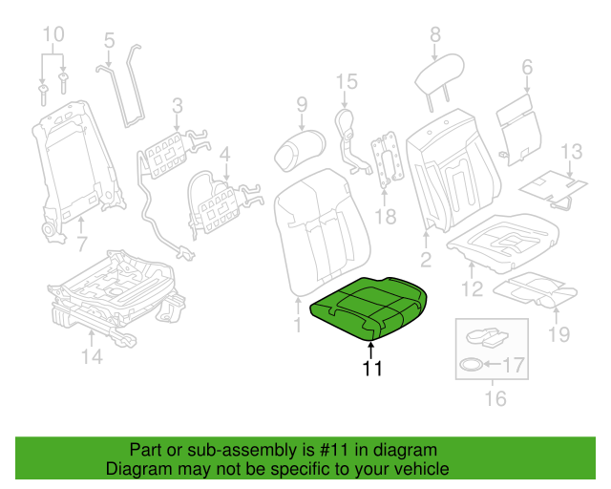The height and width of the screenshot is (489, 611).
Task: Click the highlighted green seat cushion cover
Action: (x=368, y=304)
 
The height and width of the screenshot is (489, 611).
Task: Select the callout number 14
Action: (x=91, y=358)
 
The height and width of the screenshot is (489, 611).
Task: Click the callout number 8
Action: (x=435, y=34)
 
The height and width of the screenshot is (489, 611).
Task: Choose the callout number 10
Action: (x=54, y=35)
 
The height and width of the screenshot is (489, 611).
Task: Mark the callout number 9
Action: (x=301, y=105)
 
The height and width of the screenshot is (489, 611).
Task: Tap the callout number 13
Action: (x=570, y=151)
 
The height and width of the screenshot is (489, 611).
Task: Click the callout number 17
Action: (x=514, y=364)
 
